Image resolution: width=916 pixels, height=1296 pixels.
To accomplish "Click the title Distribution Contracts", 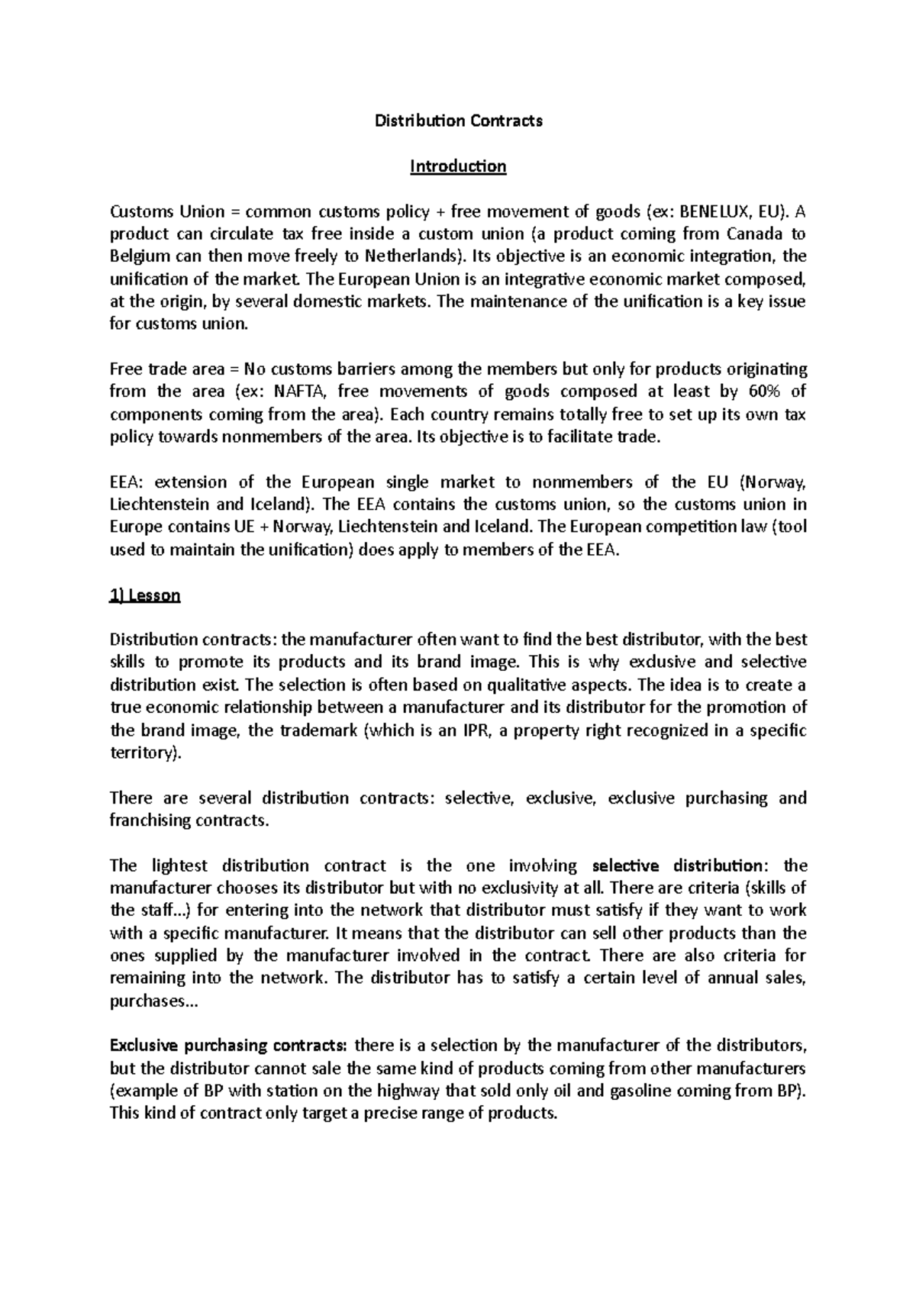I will point(458,121).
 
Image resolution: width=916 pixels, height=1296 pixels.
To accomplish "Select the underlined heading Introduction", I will point(458,166).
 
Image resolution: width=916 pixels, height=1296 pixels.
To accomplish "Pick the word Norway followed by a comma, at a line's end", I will point(774,482).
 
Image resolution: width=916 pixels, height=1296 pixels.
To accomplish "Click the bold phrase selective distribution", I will point(677,866).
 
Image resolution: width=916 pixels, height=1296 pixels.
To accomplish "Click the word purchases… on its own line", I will point(153,1001).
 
